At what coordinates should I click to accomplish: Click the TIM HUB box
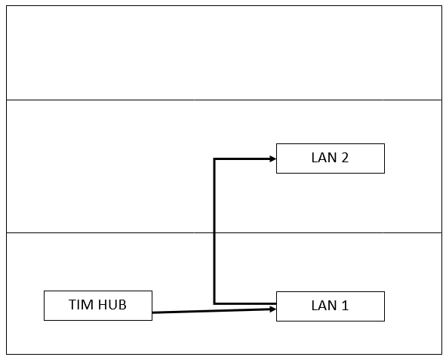click(98, 306)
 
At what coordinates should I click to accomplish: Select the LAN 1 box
click(331, 306)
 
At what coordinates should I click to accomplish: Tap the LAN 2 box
click(331, 158)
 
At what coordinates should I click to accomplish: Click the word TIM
click(81, 305)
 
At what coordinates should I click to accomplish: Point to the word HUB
click(112, 305)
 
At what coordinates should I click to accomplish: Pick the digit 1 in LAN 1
click(344, 306)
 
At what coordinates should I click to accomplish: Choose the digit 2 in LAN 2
click(345, 158)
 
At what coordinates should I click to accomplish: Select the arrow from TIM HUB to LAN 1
click(214, 311)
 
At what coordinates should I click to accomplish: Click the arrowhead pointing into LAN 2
click(272, 159)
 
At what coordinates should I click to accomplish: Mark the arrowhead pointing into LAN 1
click(272, 309)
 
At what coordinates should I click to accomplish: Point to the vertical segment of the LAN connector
click(214, 231)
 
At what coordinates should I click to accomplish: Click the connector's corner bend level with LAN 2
click(214, 159)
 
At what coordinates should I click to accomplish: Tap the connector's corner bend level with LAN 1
click(214, 303)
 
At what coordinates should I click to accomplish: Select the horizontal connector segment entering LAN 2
click(245, 159)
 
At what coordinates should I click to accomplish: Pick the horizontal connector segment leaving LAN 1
click(245, 303)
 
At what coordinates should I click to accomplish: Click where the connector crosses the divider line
click(214, 232)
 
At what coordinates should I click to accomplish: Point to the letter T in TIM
click(72, 305)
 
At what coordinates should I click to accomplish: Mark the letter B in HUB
click(123, 305)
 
